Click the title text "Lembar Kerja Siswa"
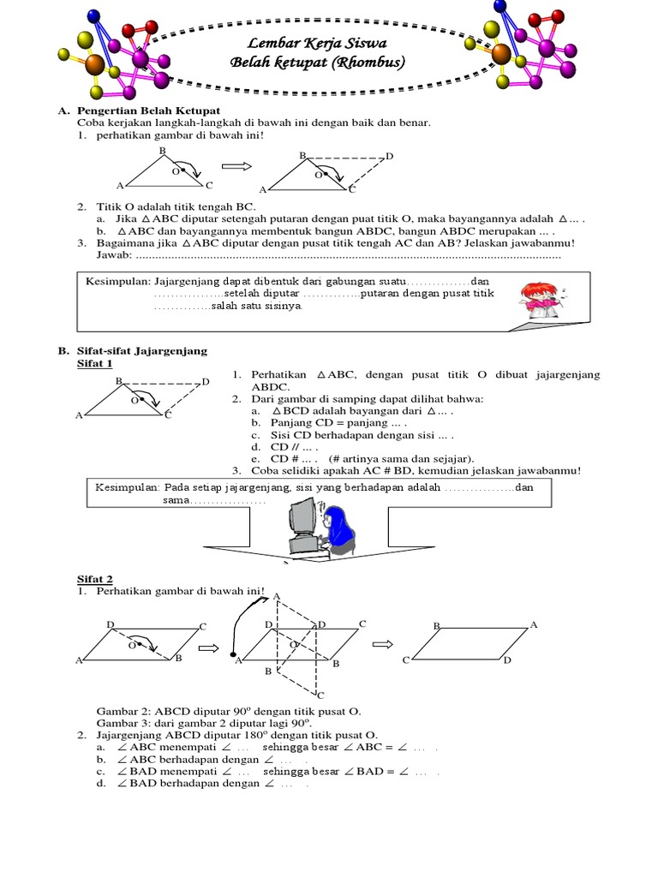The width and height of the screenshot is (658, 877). click(x=294, y=45)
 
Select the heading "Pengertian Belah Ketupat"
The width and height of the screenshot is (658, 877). click(x=149, y=111)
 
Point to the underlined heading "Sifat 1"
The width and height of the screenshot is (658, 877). click(x=94, y=363)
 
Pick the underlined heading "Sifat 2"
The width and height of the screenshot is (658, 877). click(x=94, y=580)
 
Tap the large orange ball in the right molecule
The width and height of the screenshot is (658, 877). click(x=501, y=53)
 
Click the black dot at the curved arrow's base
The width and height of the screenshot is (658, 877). click(x=233, y=653)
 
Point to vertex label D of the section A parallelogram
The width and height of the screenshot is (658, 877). click(x=390, y=156)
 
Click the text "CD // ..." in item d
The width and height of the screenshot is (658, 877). click(x=284, y=447)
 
